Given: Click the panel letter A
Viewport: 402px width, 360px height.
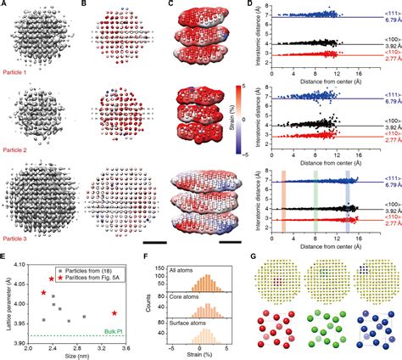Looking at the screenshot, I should [x=4, y=5].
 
